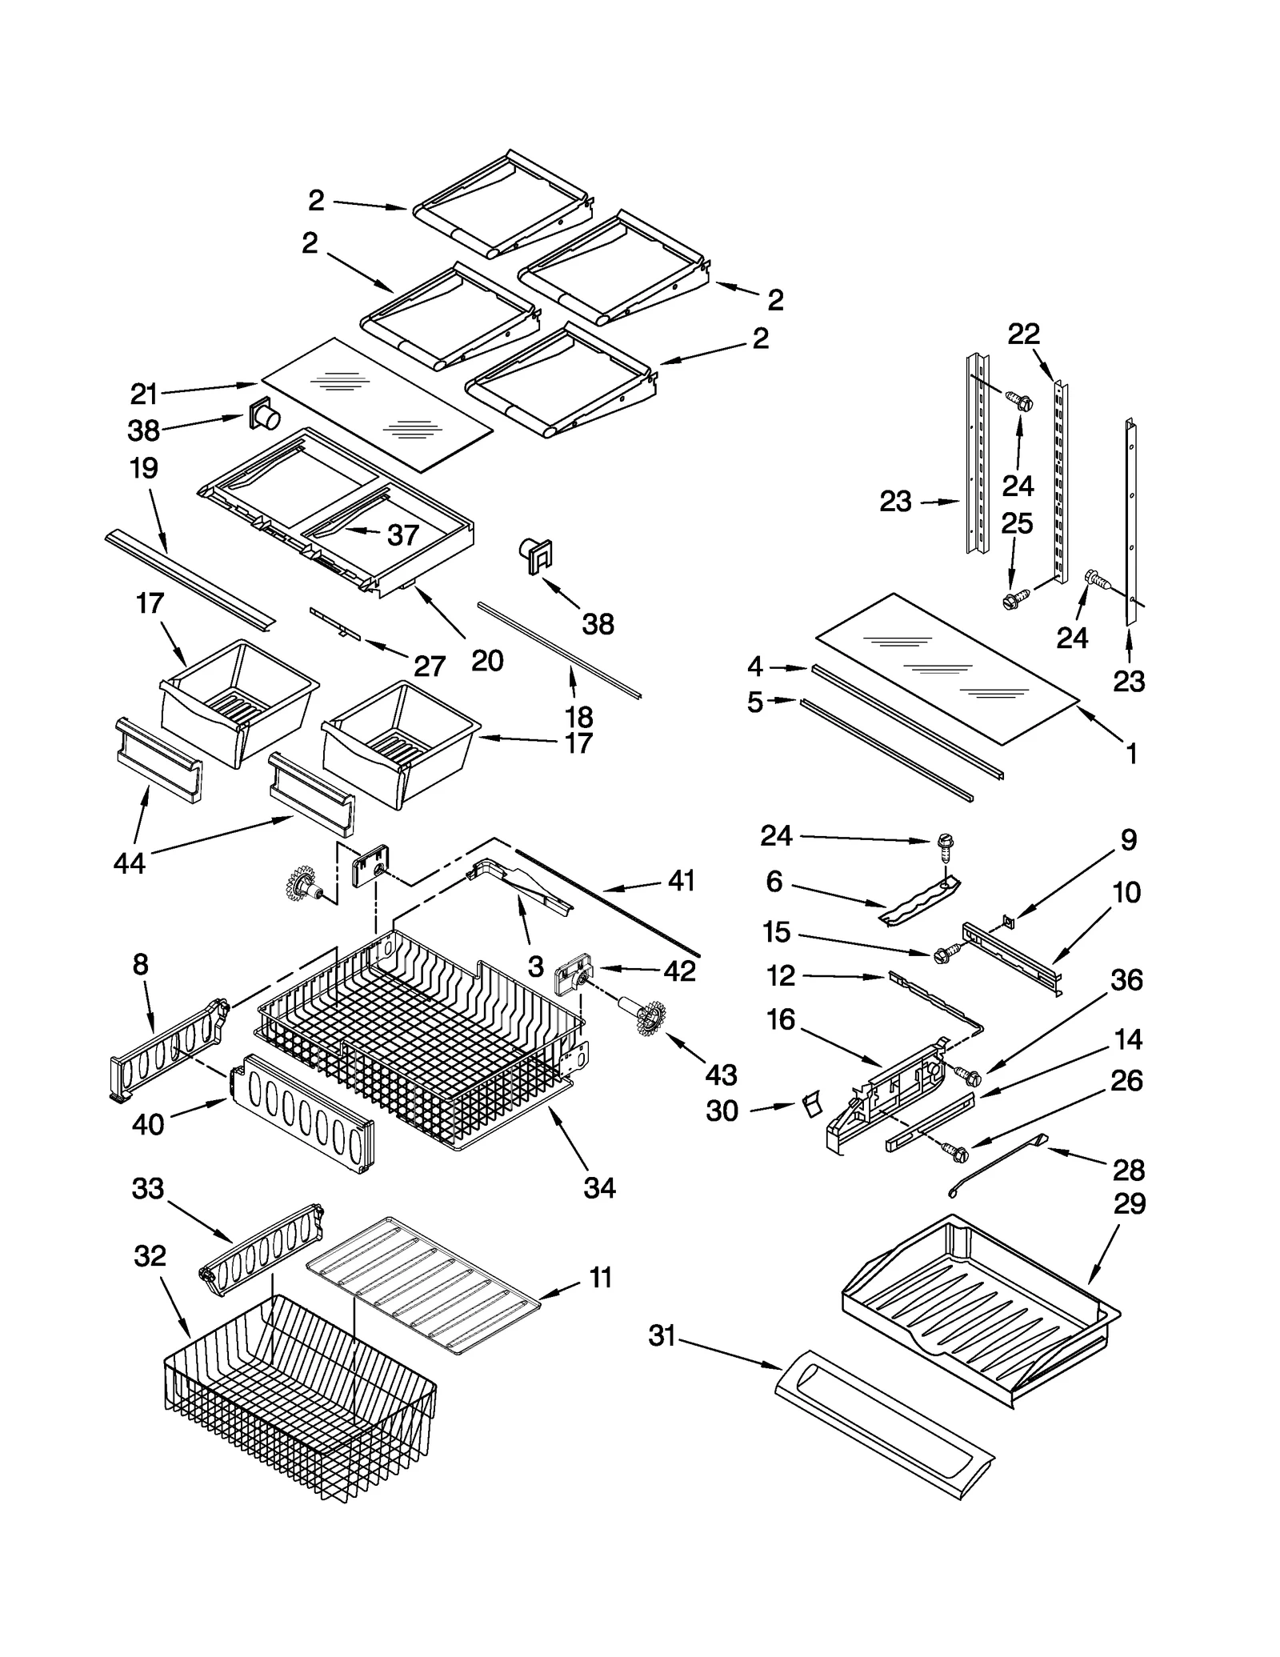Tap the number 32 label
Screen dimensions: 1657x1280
(x=150, y=1256)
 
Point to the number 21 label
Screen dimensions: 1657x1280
(x=144, y=394)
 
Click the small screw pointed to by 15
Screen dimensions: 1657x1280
(x=945, y=953)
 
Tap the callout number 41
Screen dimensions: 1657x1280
(x=681, y=881)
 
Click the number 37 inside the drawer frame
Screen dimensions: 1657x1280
(x=403, y=534)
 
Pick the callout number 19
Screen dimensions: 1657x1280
(x=144, y=468)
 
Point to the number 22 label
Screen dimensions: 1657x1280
(x=1023, y=334)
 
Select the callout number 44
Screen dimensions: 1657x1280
(x=130, y=863)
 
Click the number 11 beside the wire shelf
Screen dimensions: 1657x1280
(x=600, y=1278)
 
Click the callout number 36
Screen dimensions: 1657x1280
(x=1126, y=980)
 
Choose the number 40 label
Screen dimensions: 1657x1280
(x=148, y=1124)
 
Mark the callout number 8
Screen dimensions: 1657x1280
(x=140, y=965)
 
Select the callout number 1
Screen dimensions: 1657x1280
(x=1131, y=753)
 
